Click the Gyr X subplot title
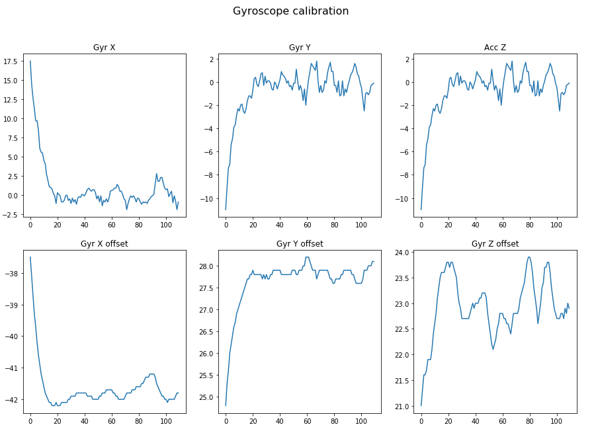pyautogui.click(x=104, y=47)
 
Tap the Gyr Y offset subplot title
pyautogui.click(x=300, y=244)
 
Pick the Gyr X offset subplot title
pyautogui.click(x=104, y=244)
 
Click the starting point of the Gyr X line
pyautogui.click(x=30, y=61)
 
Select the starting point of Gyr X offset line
pyautogui.click(x=30, y=257)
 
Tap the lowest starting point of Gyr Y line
pyautogui.click(x=226, y=210)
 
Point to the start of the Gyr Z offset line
pyautogui.click(x=421, y=406)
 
